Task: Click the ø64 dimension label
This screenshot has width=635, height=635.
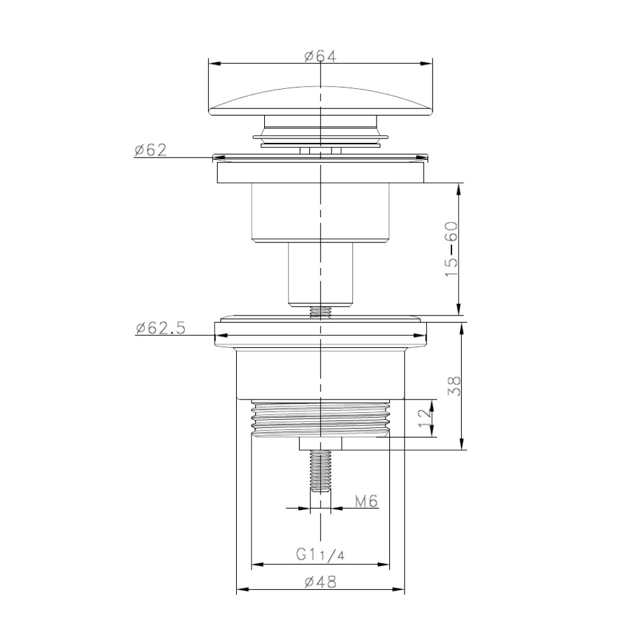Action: [320, 56]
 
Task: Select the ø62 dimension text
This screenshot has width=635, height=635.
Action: [150, 150]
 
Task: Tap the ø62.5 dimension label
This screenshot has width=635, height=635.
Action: [161, 328]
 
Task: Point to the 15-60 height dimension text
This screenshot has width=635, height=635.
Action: [451, 249]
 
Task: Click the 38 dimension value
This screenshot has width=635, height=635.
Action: [454, 386]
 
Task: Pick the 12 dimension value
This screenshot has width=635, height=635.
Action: [424, 418]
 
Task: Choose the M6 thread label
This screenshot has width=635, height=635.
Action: [366, 502]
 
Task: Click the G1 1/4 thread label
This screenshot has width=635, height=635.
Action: [320, 554]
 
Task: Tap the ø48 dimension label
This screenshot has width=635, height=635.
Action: [320, 582]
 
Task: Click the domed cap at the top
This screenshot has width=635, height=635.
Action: [320, 101]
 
